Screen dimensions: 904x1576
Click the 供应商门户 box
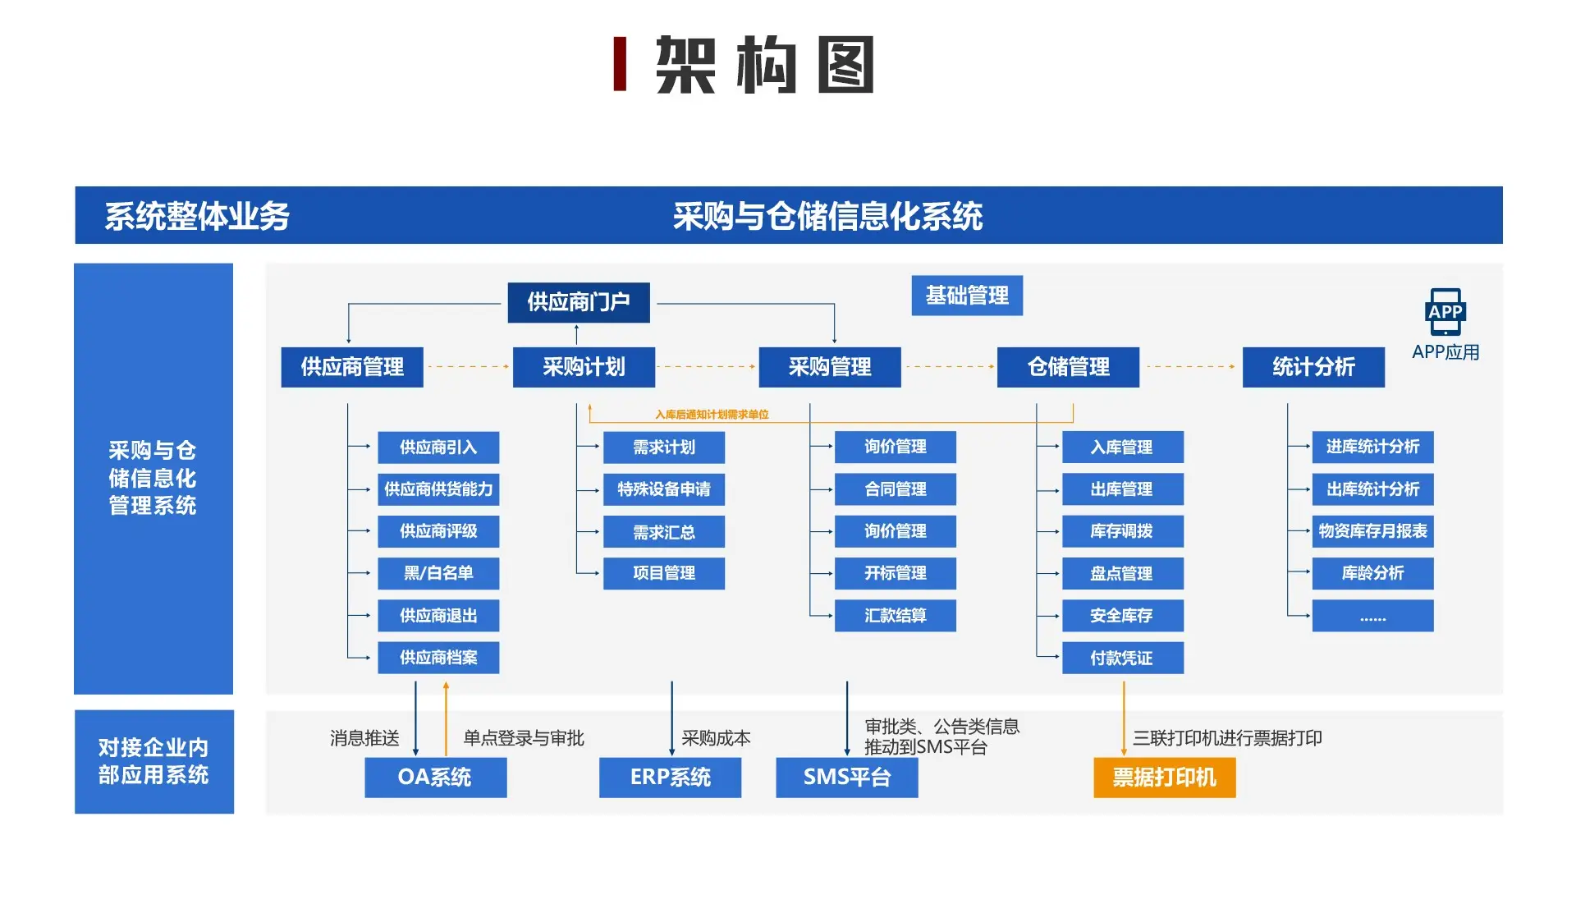pyautogui.click(x=578, y=302)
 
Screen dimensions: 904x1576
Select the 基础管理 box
pyautogui.click(x=966, y=296)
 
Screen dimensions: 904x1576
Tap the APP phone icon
pyautogui.click(x=1445, y=311)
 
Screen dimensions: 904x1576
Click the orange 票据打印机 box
pyautogui.click(x=1164, y=777)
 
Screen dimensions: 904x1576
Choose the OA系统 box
pyautogui.click(x=435, y=777)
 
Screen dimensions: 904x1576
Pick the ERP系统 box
pyautogui.click(x=670, y=777)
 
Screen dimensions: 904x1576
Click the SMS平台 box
pyautogui.click(x=846, y=777)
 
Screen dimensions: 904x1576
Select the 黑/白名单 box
pyautogui.click(x=438, y=573)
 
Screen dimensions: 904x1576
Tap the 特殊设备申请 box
pyautogui.click(x=663, y=489)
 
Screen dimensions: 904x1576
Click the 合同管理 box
pyautogui.click(x=895, y=489)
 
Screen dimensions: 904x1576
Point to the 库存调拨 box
pyautogui.click(x=1122, y=531)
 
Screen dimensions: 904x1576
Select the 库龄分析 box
pyautogui.click(x=1372, y=573)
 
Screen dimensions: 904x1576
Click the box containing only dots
pyautogui.click(x=1372, y=616)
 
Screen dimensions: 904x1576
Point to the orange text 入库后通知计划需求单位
pyautogui.click(x=712, y=415)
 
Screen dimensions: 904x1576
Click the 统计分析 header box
pyautogui.click(x=1313, y=367)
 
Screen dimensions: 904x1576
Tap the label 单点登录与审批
pyautogui.click(x=523, y=738)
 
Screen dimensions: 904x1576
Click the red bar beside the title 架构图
pyautogui.click(x=620, y=64)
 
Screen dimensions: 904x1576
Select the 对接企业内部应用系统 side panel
pyautogui.click(x=153, y=761)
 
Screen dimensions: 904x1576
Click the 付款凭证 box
pyautogui.click(x=1122, y=658)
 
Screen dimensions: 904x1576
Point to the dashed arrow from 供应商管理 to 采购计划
pyautogui.click(x=467, y=367)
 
